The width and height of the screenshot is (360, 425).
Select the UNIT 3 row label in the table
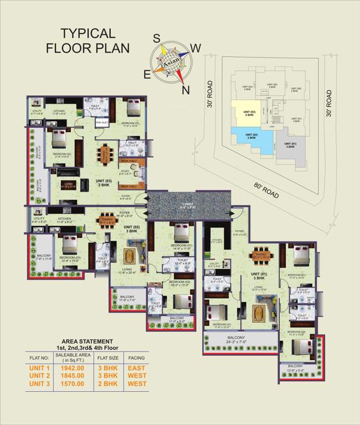(40, 383)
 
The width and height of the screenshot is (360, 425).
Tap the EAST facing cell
(136, 367)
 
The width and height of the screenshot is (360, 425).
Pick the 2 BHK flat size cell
(109, 383)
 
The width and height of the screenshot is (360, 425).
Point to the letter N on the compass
(186, 90)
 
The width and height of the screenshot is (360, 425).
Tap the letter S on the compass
(157, 38)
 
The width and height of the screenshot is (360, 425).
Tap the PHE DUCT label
(102, 122)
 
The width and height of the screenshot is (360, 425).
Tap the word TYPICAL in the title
(88, 33)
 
